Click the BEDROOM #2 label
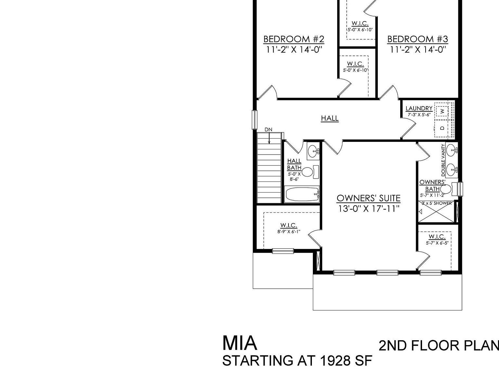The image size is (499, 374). pyautogui.click(x=294, y=39)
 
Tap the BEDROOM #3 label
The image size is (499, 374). pyautogui.click(x=417, y=39)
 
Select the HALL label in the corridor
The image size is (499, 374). pyautogui.click(x=330, y=118)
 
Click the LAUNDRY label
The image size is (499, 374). pyautogui.click(x=419, y=108)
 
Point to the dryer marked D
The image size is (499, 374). pyautogui.click(x=442, y=128)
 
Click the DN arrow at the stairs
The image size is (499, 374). pyautogui.click(x=269, y=136)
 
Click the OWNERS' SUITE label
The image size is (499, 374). pyautogui.click(x=368, y=198)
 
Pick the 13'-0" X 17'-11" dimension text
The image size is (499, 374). pyautogui.click(x=368, y=208)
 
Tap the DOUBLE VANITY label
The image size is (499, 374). pyautogui.click(x=443, y=160)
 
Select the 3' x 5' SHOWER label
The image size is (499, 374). pyautogui.click(x=436, y=203)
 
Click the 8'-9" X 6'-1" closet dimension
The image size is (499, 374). pyautogui.click(x=288, y=231)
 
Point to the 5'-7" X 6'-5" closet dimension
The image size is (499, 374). pyautogui.click(x=437, y=243)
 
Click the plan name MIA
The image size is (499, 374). pyautogui.click(x=240, y=343)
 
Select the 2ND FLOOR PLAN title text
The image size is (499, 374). pyautogui.click(x=439, y=346)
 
